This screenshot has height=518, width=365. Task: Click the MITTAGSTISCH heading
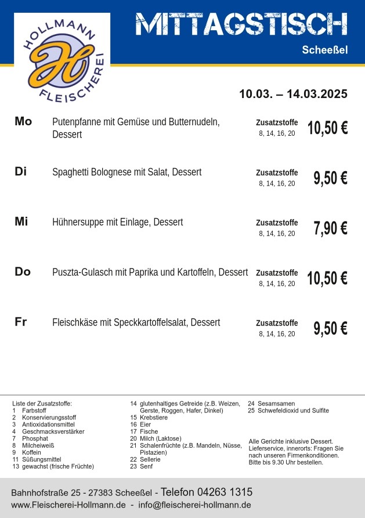241,24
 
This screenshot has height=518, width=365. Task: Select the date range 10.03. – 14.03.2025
293,94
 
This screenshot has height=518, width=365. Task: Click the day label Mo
23,121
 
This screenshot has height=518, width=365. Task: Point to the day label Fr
21,322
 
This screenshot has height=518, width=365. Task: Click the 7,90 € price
330,229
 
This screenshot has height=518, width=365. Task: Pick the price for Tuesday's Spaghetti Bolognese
330,178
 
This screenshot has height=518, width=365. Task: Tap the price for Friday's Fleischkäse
330,328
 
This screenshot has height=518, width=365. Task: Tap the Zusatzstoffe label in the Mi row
277,223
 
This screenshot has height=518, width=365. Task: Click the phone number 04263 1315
227,492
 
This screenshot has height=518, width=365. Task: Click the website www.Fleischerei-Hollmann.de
68,505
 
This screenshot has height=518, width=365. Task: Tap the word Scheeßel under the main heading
324,50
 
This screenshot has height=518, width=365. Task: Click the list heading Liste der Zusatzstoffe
42,403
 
